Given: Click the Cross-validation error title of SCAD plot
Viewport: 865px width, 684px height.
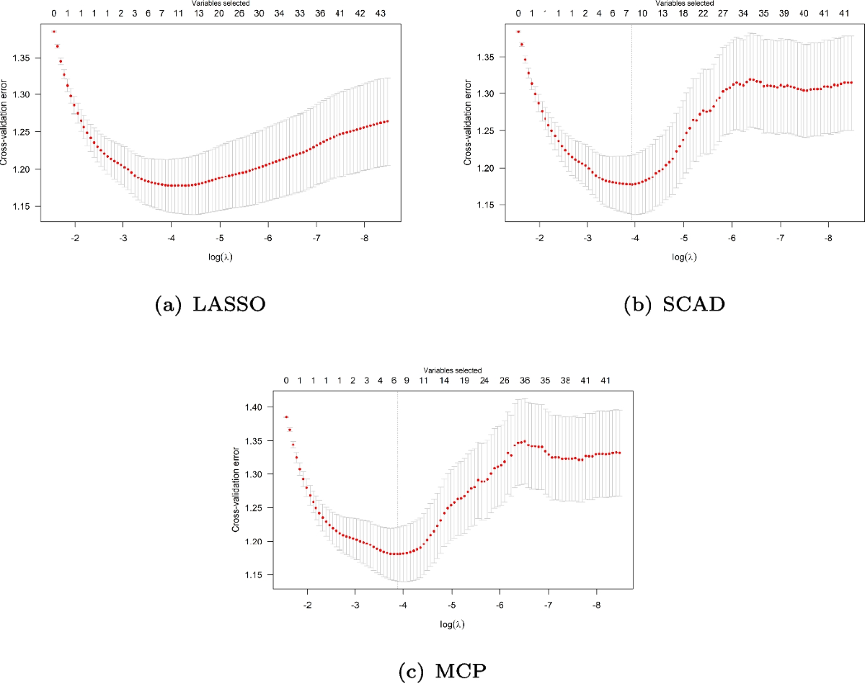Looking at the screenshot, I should click(x=469, y=125).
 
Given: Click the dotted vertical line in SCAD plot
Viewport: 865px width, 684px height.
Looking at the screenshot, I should click(x=632, y=108).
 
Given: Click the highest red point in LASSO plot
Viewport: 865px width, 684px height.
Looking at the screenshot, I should click(x=53, y=32).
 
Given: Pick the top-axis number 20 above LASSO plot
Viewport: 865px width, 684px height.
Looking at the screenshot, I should click(x=218, y=13).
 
